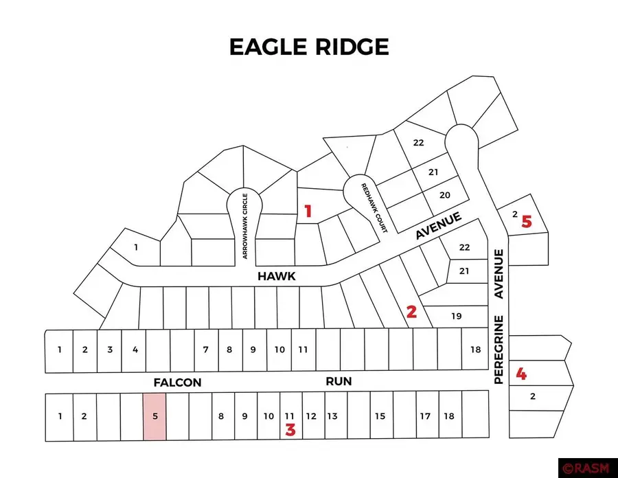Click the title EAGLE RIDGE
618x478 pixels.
click(308, 47)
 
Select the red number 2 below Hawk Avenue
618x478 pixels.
click(411, 312)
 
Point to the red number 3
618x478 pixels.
click(290, 431)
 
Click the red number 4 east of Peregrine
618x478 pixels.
click(522, 374)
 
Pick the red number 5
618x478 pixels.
click(526, 221)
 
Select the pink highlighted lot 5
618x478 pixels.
click(154, 416)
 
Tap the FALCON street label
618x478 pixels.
click(177, 382)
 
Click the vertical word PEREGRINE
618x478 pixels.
click(499, 349)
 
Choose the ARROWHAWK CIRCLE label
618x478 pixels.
click(244, 225)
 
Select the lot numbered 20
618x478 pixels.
click(444, 195)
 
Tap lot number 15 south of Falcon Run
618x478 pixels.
click(380, 416)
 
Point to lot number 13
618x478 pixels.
click(332, 416)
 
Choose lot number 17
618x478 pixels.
click(425, 416)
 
